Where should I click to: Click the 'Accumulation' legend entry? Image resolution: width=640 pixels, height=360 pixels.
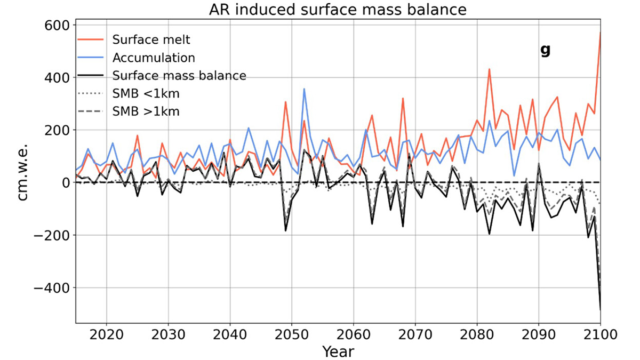click(154, 57)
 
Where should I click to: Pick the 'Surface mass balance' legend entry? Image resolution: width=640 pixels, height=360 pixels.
click(179, 75)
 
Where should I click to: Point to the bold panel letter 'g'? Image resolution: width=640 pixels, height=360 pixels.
click(545, 50)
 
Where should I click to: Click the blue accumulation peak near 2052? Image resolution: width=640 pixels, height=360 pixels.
click(304, 89)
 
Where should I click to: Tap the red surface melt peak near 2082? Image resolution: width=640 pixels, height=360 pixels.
click(489, 69)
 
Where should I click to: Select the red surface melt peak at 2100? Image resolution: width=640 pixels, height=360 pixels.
click(601, 33)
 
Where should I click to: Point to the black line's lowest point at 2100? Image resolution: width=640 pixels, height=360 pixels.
click(601, 309)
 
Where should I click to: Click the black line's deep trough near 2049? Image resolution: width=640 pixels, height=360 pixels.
click(285, 230)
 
